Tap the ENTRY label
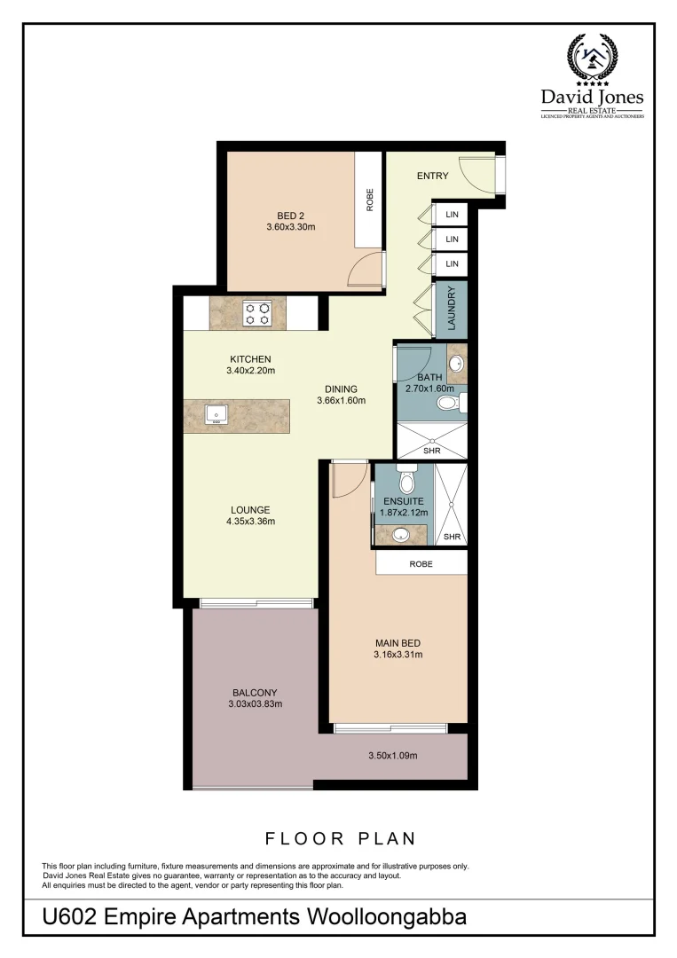pyautogui.click(x=433, y=176)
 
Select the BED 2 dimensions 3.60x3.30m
pyautogui.click(x=291, y=227)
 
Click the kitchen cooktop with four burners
pyautogui.click(x=258, y=312)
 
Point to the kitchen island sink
pyautogui.click(x=216, y=414)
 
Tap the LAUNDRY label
pyautogui.click(x=451, y=309)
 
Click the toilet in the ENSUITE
pyautogui.click(x=407, y=481)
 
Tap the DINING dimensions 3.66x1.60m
pyautogui.click(x=341, y=401)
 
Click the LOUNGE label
pyautogui.click(x=250, y=509)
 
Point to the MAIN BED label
pyautogui.click(x=398, y=643)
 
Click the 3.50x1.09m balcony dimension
pyautogui.click(x=392, y=756)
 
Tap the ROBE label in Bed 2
pyautogui.click(x=370, y=200)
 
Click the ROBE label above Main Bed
pyautogui.click(x=421, y=563)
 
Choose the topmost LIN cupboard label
pyautogui.click(x=452, y=215)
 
